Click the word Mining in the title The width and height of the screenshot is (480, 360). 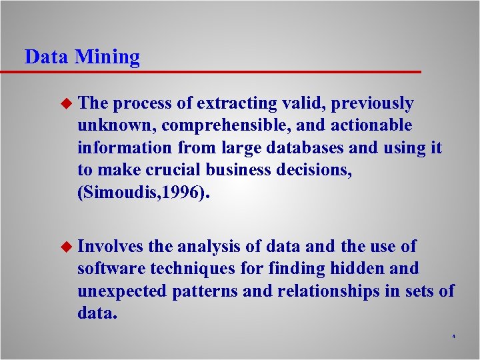point(107,57)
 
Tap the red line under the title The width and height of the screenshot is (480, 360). point(220,71)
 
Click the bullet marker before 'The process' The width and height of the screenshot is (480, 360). point(65,103)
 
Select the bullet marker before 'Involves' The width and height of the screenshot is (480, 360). point(65,247)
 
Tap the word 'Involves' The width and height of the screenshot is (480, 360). point(111,247)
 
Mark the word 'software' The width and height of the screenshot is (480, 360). point(111,269)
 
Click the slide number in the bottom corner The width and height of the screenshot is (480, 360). point(453,336)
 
